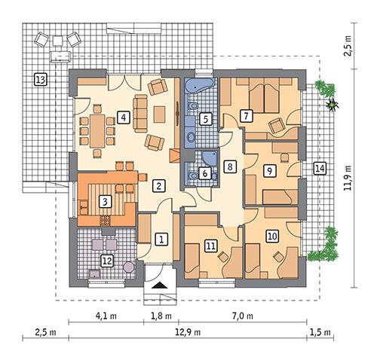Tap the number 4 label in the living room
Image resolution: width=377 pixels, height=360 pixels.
tap(122, 117)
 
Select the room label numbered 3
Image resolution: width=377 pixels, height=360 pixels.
tap(106, 200)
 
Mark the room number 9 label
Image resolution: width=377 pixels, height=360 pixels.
tap(268, 172)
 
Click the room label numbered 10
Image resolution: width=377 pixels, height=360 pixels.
tap(271, 236)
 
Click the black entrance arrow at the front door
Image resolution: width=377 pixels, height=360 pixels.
tap(159, 285)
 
